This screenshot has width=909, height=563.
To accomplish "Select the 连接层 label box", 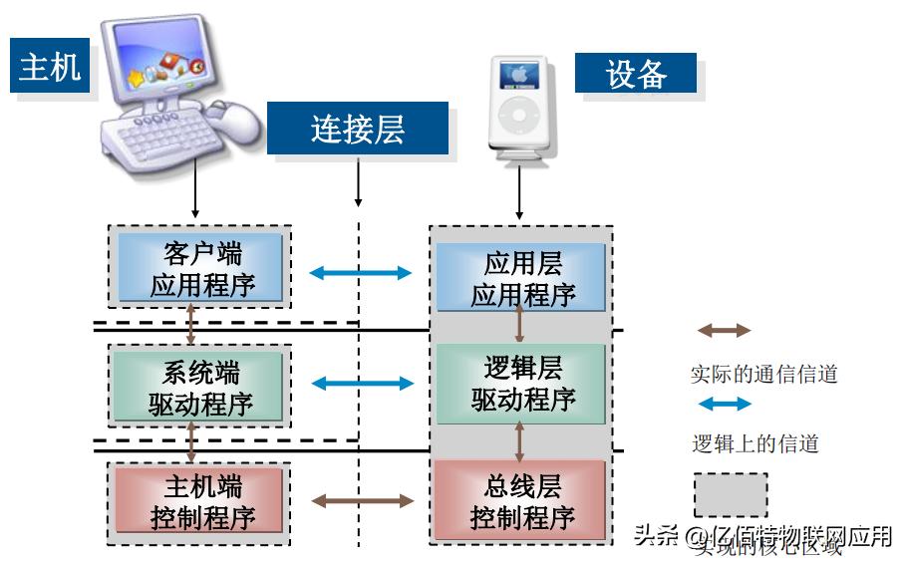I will pyautogui.click(x=357, y=130).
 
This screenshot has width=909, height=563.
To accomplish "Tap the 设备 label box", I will pyautogui.click(x=636, y=74).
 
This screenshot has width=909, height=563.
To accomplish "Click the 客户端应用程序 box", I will pyautogui.click(x=200, y=267).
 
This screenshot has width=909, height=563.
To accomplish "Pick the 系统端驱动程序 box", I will pyautogui.click(x=200, y=387).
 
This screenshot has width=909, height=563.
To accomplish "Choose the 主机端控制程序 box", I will pyautogui.click(x=200, y=502).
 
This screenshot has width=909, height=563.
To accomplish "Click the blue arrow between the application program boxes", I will pyautogui.click(x=360, y=272).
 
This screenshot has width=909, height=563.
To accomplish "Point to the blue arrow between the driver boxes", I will pyautogui.click(x=360, y=383).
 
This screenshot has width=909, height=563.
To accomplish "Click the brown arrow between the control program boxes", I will pyautogui.click(x=360, y=501).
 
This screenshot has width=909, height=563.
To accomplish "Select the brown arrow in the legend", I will pyautogui.click(x=724, y=331).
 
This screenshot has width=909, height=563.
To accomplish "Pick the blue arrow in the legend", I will pyautogui.click(x=724, y=405).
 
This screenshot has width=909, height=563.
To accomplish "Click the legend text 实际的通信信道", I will pyautogui.click(x=763, y=375).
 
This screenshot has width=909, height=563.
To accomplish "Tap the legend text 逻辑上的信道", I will pyautogui.click(x=756, y=444).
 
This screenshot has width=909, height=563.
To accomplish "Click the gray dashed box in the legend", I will pyautogui.click(x=731, y=495).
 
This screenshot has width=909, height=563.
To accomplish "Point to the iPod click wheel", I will pyautogui.click(x=519, y=116).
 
